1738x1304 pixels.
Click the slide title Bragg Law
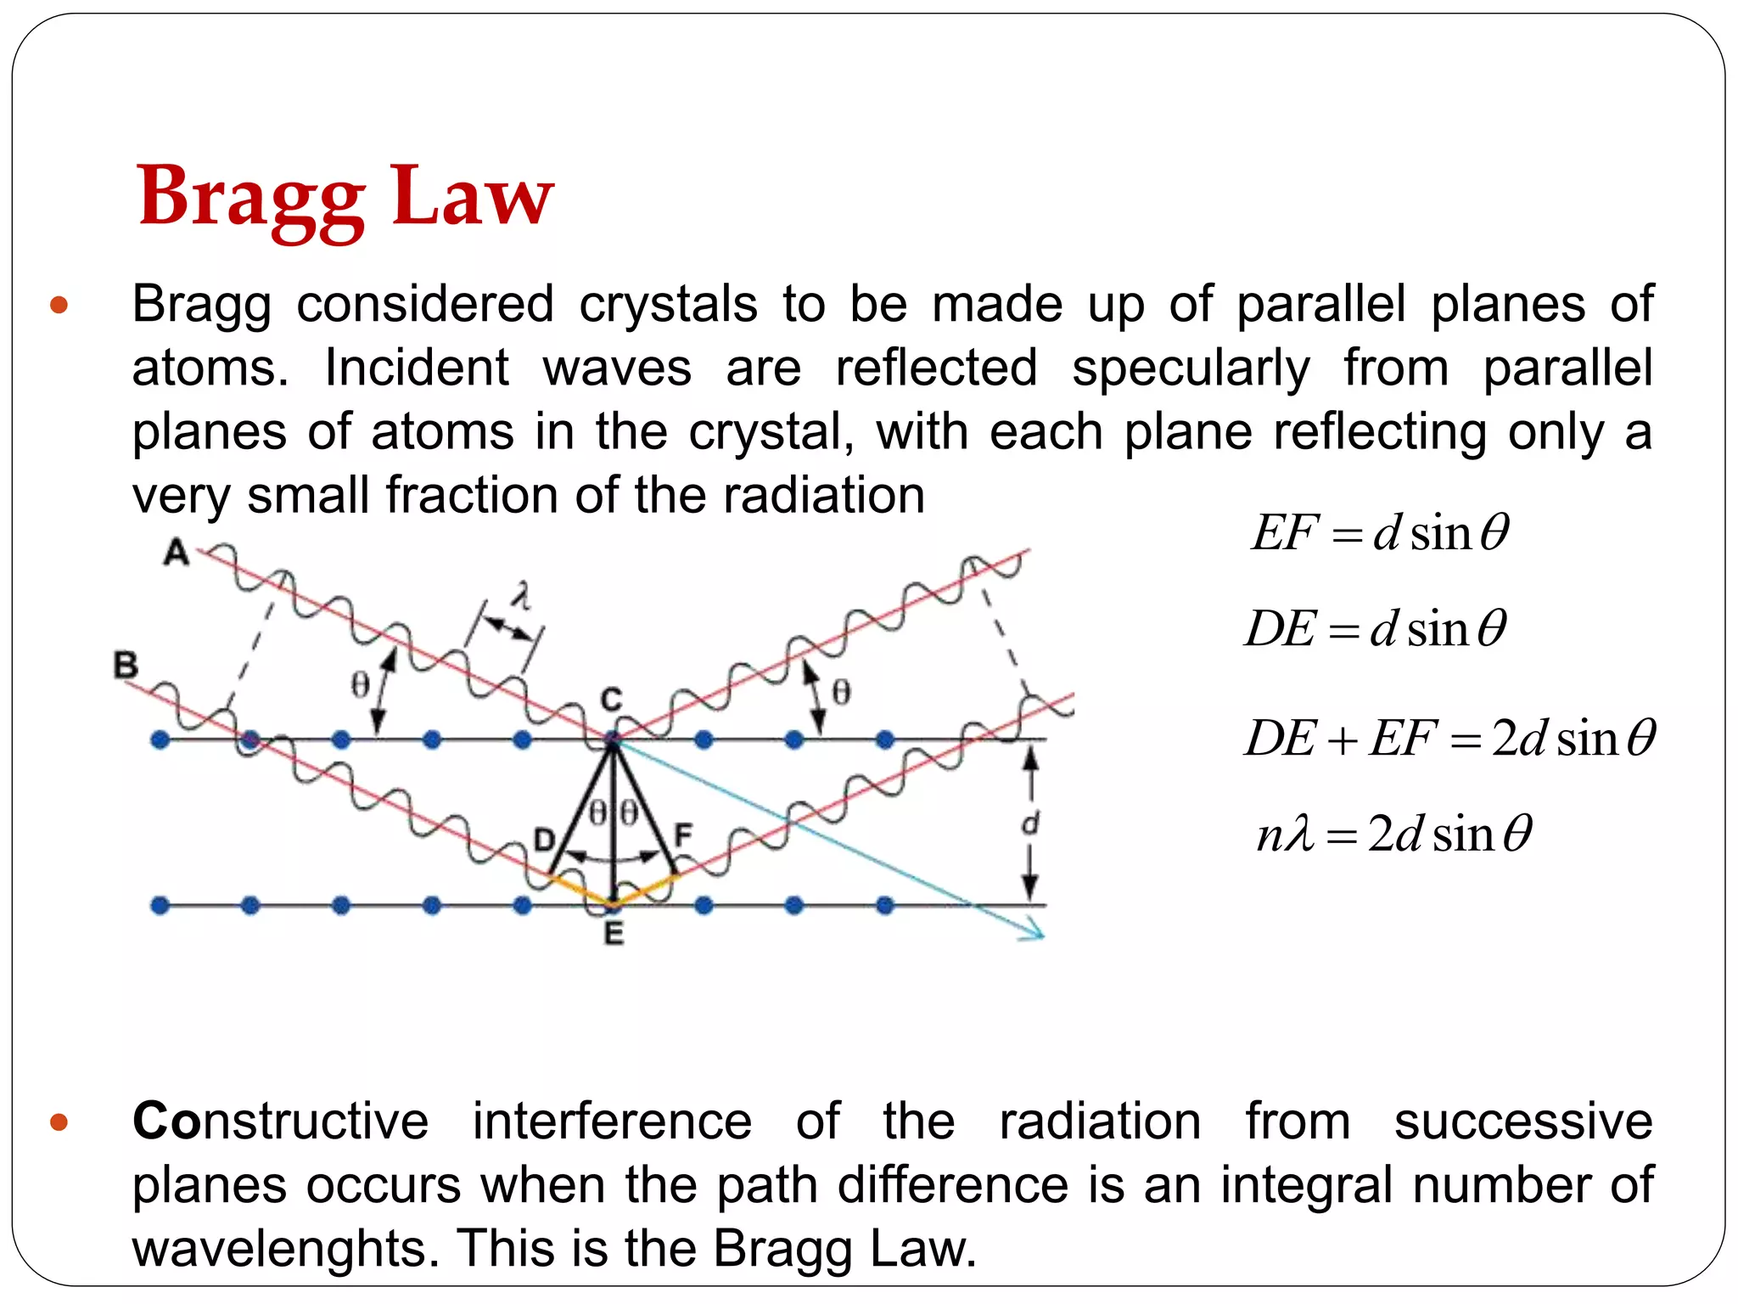345,196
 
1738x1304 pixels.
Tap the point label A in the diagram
176,553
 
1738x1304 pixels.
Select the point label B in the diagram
126,664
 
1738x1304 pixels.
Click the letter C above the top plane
611,700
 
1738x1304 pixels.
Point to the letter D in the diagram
543,840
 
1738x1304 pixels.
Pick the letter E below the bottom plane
613,934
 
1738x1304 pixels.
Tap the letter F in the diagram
682,836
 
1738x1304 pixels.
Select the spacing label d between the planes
1029,823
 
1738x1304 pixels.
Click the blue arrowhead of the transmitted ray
1035,935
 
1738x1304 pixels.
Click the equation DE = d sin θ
1376,629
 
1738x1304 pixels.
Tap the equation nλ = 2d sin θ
1394,834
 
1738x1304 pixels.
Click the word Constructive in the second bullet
281,1121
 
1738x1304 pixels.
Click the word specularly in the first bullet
1191,368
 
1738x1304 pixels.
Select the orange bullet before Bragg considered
59,305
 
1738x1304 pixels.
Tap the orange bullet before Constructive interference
59,1123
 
